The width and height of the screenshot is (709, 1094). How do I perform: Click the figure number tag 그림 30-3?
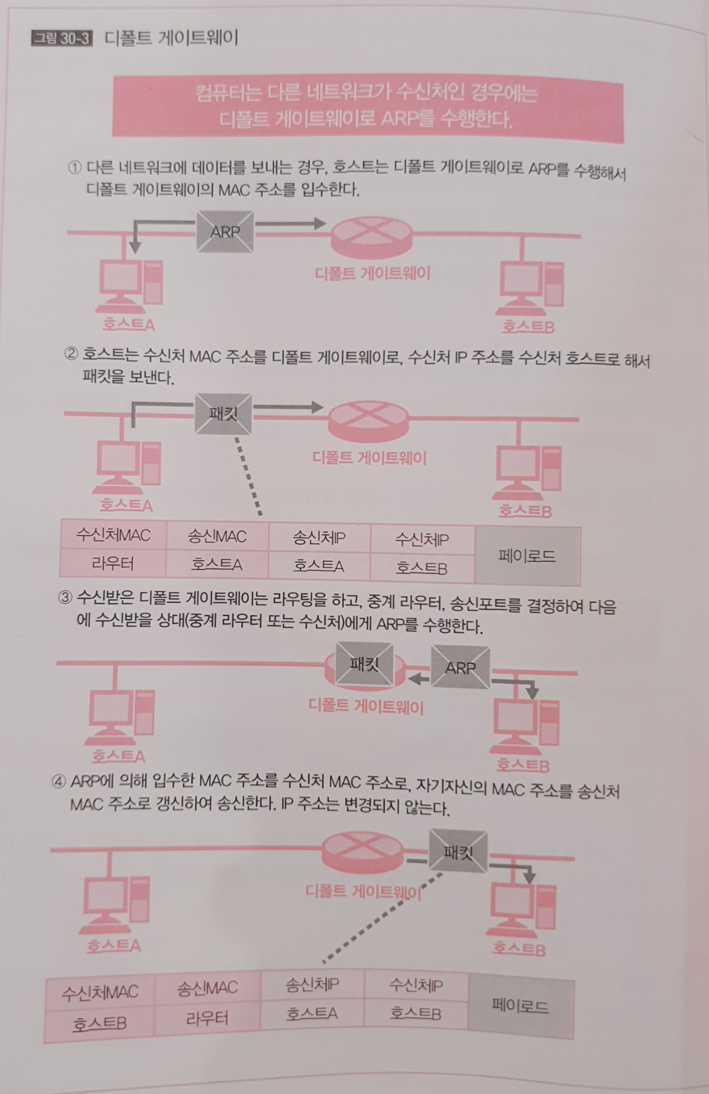[62, 39]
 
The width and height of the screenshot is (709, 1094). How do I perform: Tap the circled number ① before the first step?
[75, 167]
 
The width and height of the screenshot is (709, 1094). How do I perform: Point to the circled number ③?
[65, 598]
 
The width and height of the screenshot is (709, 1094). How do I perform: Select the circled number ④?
[59, 781]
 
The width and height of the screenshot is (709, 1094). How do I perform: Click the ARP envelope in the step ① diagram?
[225, 231]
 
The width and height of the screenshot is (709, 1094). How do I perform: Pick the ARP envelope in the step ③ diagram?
[460, 667]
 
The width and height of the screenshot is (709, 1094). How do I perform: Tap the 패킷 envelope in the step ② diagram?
[223, 414]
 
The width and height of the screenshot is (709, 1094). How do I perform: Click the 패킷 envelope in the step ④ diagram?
[458, 852]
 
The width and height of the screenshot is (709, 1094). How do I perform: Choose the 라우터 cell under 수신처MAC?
[113, 564]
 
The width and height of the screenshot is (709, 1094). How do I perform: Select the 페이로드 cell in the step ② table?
[527, 556]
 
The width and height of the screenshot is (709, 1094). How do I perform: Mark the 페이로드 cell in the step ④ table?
[520, 1006]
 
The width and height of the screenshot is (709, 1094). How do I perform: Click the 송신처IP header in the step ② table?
[319, 538]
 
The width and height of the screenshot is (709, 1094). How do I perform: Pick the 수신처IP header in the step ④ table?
[416, 985]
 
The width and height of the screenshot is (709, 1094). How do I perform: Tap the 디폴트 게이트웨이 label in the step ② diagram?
[369, 458]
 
